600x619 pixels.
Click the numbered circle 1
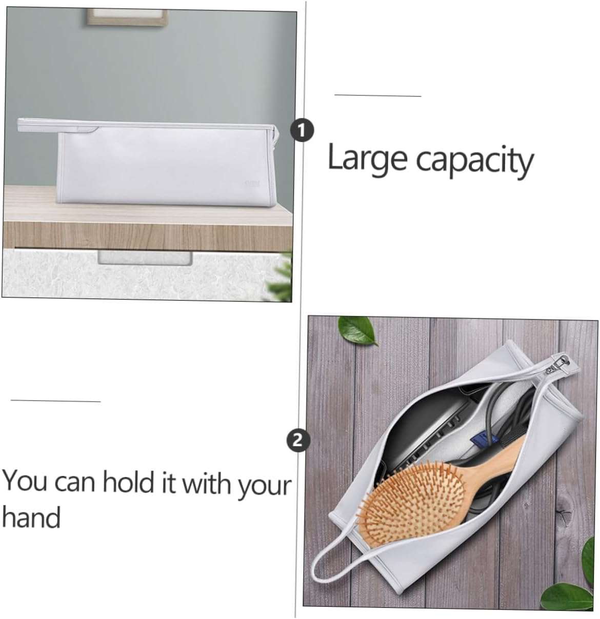pos(302,131)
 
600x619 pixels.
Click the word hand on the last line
pos(31,517)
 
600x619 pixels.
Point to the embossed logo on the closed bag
pos(252,183)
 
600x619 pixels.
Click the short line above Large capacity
pos(378,95)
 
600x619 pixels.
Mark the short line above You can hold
pos(56,401)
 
